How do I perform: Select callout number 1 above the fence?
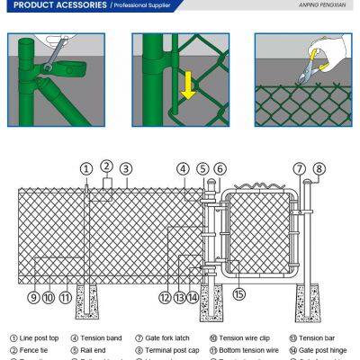click(x=86, y=168)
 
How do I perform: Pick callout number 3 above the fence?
click(x=126, y=168)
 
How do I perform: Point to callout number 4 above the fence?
click(x=183, y=168)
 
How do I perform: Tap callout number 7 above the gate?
click(x=299, y=168)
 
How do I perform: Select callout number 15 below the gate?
click(x=238, y=293)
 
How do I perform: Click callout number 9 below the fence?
click(x=33, y=297)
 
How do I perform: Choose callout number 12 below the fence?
click(x=165, y=297)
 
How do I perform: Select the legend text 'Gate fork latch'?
click(x=166, y=338)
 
